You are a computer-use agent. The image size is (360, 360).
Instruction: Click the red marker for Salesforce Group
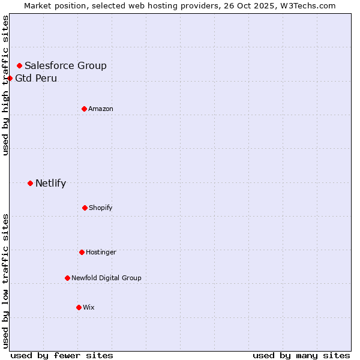pyautogui.click(x=19, y=65)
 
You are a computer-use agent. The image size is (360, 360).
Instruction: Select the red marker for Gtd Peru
pyautogui.click(x=10, y=78)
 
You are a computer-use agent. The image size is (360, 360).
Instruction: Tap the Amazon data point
pyautogui.click(x=84, y=109)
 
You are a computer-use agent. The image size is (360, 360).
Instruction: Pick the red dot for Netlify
pyautogui.click(x=30, y=183)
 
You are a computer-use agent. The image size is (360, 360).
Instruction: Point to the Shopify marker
pyautogui.click(x=85, y=208)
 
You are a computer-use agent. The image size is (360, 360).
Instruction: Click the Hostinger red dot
pyautogui.click(x=82, y=252)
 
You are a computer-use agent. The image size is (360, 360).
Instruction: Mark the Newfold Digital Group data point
pyautogui.click(x=67, y=278)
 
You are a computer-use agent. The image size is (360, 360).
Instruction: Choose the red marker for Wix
pyautogui.click(x=79, y=307)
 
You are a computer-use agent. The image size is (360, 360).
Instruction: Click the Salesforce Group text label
pyautogui.click(x=65, y=65)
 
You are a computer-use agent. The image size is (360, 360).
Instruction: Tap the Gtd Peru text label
pyautogui.click(x=36, y=78)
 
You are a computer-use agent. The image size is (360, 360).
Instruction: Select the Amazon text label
pyautogui.click(x=101, y=109)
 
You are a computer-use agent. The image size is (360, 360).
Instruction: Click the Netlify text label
pyautogui.click(x=50, y=183)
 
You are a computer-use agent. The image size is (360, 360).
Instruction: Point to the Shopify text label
pyautogui.click(x=101, y=208)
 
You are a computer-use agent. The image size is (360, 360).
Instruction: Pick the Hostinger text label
pyautogui.click(x=101, y=252)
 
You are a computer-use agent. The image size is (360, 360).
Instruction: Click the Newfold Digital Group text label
pyautogui.click(x=106, y=278)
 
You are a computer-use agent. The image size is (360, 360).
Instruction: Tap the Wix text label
pyautogui.click(x=89, y=307)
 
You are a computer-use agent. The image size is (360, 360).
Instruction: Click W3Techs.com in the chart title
pyautogui.click(x=306, y=5)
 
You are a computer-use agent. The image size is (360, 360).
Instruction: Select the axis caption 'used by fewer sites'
pyautogui.click(x=62, y=355)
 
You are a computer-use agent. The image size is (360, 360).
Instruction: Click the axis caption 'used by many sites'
pyautogui.click(x=301, y=355)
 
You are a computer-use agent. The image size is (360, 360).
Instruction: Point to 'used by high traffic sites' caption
pyautogui.click(x=5, y=85)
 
